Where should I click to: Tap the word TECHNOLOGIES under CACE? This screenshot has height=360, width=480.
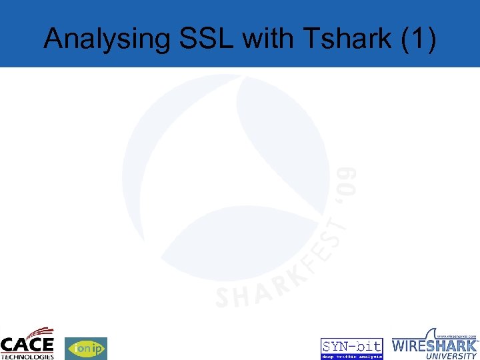pyautogui.click(x=27, y=357)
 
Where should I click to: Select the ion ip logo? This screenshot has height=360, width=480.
pyautogui.click(x=85, y=348)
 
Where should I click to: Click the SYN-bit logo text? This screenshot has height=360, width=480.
pyautogui.click(x=352, y=345)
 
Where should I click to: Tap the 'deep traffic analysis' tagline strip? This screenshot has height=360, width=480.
pyautogui.click(x=352, y=356)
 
